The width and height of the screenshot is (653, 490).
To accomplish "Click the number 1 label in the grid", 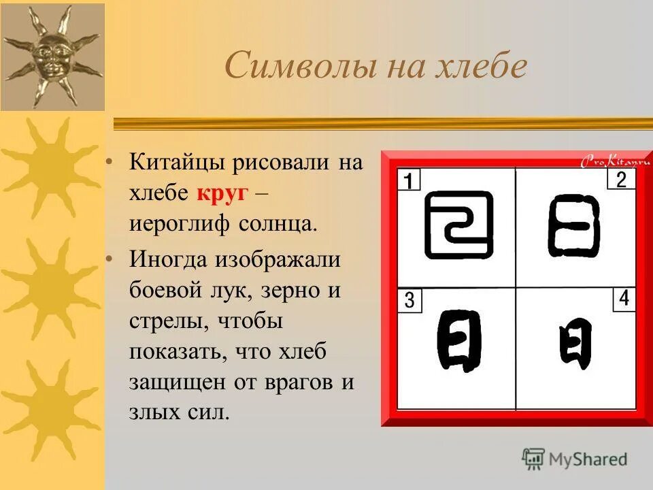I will tap(409, 181).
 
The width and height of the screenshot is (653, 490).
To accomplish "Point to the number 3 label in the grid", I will tap(409, 300).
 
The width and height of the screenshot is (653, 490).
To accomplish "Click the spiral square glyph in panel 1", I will tap(458, 225).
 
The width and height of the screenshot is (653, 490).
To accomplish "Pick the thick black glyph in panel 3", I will tap(459, 340).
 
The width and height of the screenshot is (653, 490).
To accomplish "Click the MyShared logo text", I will tap(586, 459).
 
